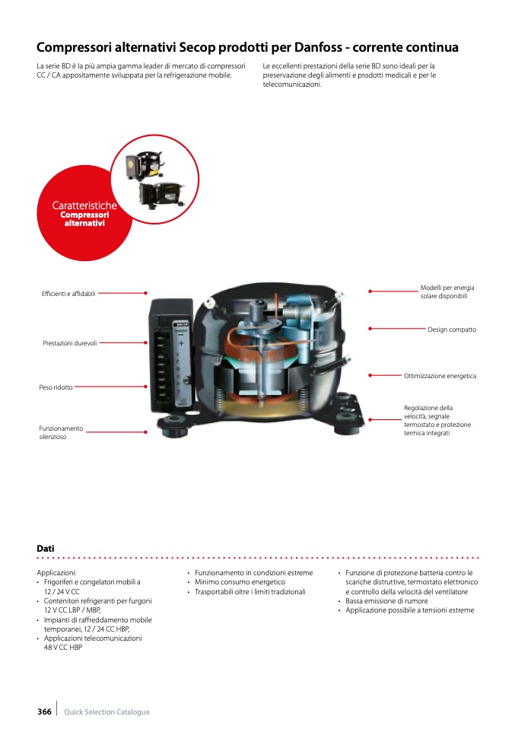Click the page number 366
[44, 711]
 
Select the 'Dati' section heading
[46, 548]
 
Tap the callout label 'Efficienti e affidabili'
[68, 294]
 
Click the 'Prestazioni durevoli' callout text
[70, 343]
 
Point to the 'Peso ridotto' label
[56, 387]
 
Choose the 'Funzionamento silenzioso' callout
[61, 433]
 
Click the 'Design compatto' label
[452, 329]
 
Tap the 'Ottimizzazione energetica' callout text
[440, 376]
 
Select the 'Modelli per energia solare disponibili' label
[447, 291]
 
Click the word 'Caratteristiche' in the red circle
[84, 205]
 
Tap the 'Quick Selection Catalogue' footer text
[107, 712]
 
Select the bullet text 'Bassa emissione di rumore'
[386, 601]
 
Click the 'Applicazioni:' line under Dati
[57, 573]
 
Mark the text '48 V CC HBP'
[63, 648]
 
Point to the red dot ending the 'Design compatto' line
[370, 329]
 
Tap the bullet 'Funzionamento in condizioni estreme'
[253, 573]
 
